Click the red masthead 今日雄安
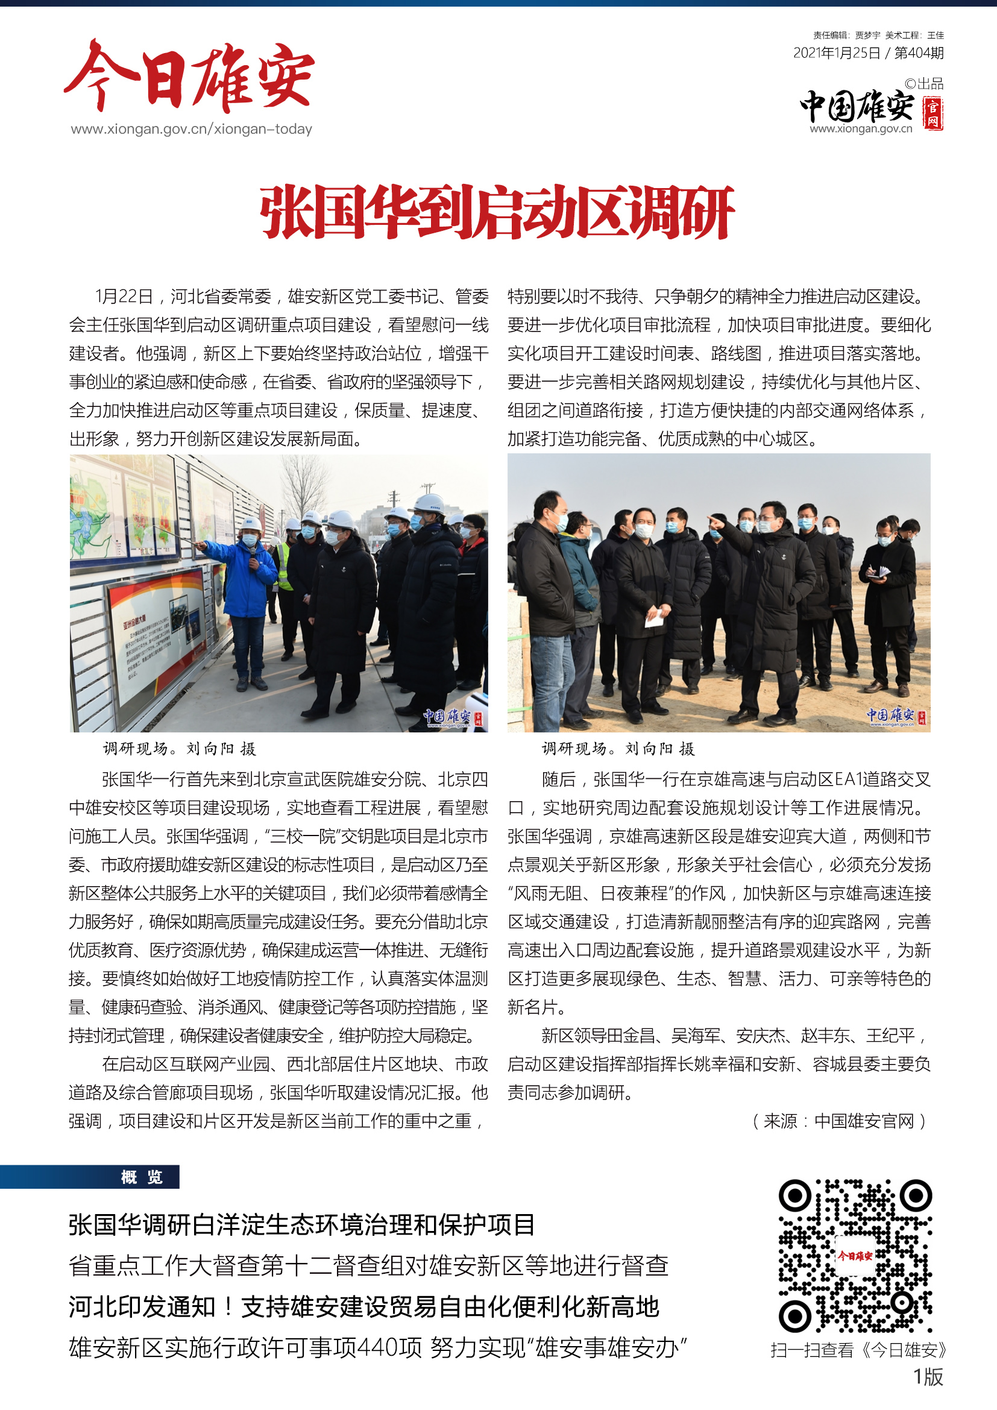point(189,77)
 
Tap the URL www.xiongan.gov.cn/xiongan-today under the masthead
point(191,130)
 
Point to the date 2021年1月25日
point(837,54)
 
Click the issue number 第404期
point(919,54)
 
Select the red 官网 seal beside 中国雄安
point(933,114)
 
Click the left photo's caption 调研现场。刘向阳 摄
point(179,749)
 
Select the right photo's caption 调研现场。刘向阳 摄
point(618,749)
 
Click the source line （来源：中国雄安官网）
point(839,1121)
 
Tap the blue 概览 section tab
point(141,1177)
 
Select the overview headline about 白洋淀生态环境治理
point(301,1224)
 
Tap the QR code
point(855,1255)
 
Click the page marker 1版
point(928,1377)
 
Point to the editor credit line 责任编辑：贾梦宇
point(846,36)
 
